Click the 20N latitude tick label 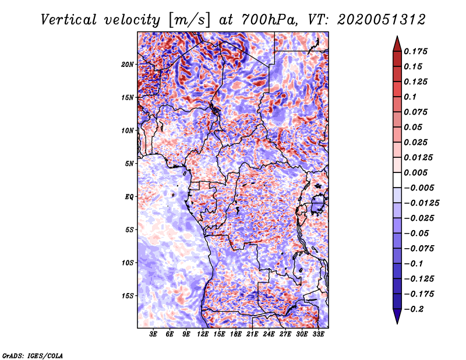127,65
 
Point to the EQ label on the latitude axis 129,197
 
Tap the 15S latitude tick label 127,296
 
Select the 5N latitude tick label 129,164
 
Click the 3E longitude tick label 153,334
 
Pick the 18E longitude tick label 236,334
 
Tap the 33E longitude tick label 318,334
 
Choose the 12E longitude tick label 203,334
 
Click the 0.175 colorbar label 415,51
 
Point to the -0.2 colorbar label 414,309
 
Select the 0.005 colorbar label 415,172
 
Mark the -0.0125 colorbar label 421,203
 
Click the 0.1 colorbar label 410,97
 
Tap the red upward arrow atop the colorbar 397,44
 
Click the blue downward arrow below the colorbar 397,316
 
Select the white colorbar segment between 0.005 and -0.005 397,180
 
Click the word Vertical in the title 69,20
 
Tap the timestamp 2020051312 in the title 382,20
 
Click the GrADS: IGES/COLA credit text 33,355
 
